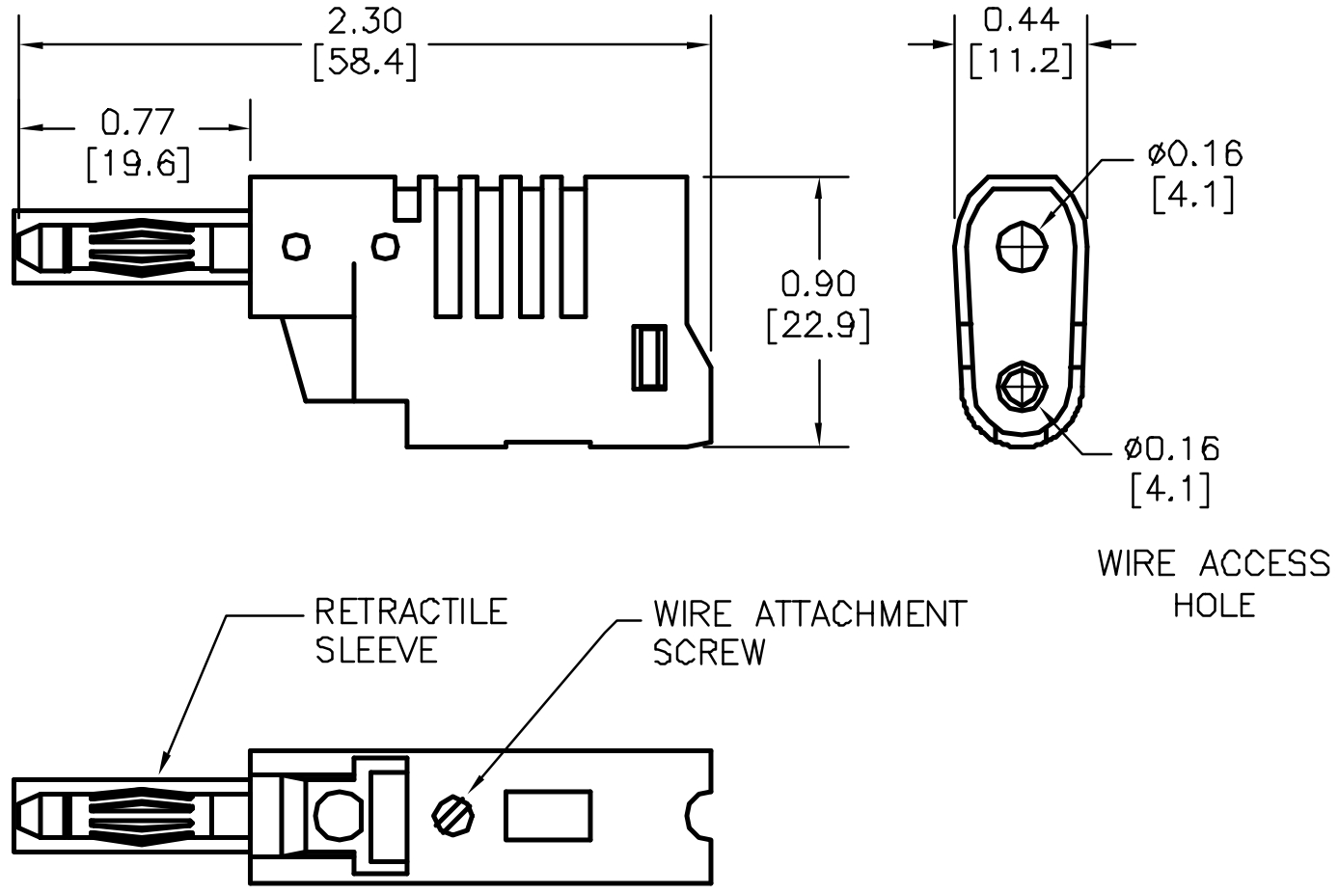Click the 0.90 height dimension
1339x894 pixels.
818,284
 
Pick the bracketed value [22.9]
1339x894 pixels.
818,327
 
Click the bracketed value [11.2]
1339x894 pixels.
1021,62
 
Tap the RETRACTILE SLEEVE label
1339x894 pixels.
410,631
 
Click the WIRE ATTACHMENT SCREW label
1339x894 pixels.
808,633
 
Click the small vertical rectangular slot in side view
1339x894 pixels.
649,358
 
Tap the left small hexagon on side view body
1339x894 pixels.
296,246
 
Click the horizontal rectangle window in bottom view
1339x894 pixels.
548,816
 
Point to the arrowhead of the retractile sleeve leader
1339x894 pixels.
163,771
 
